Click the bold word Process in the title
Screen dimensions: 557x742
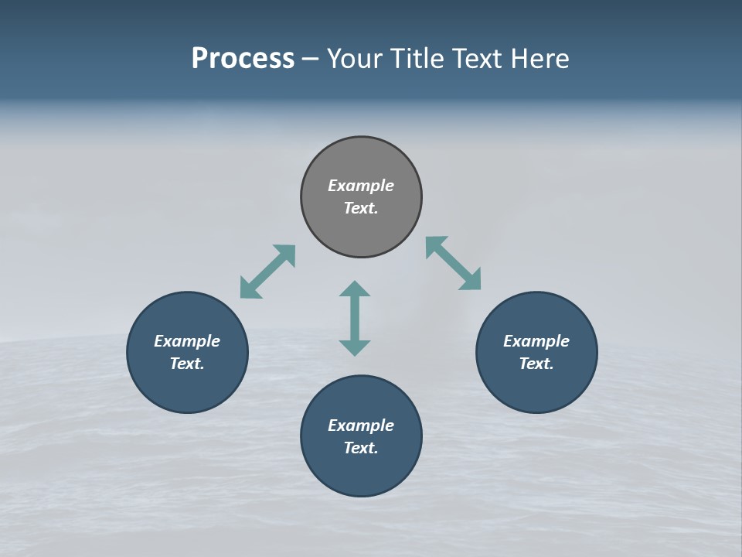pyautogui.click(x=243, y=59)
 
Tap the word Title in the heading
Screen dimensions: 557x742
pyautogui.click(x=417, y=59)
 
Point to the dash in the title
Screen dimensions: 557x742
pyautogui.click(x=311, y=59)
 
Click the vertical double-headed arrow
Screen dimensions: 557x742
pyautogui.click(x=355, y=318)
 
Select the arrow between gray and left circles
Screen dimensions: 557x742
pyautogui.click(x=267, y=272)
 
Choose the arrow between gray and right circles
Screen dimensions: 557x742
pyautogui.click(x=453, y=263)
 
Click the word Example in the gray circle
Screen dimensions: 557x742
pyautogui.click(x=361, y=186)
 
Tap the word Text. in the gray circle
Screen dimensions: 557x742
pyautogui.click(x=361, y=208)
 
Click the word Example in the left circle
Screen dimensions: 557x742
pyautogui.click(x=187, y=341)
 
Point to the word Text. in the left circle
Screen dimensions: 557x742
pyautogui.click(x=187, y=364)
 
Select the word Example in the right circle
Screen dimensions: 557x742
pyautogui.click(x=536, y=341)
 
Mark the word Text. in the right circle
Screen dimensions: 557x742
pyautogui.click(x=536, y=364)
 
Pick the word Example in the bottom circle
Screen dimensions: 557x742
pyautogui.click(x=361, y=425)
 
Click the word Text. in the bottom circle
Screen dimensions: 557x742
pyautogui.click(x=361, y=448)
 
